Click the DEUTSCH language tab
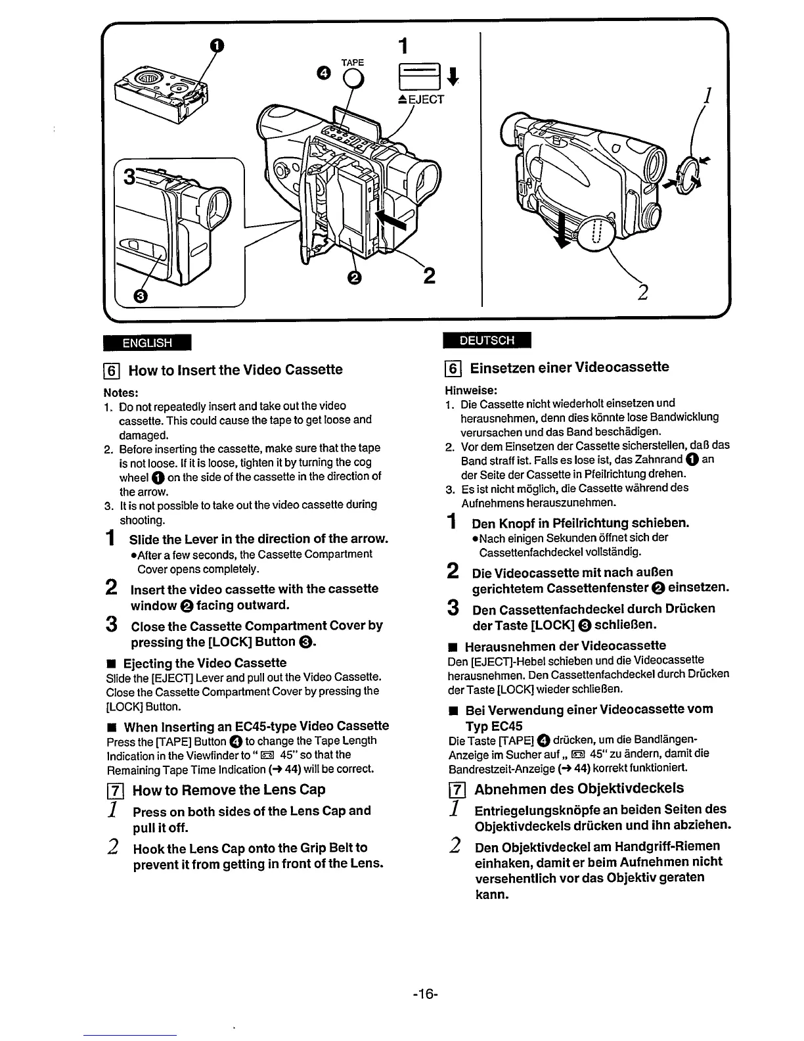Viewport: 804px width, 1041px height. [x=487, y=340]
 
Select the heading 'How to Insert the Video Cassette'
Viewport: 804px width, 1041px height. [x=235, y=370]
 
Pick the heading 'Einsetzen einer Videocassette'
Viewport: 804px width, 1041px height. [x=569, y=367]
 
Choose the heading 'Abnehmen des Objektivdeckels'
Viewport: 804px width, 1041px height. [x=579, y=789]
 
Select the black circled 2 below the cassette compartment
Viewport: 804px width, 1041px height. [x=355, y=278]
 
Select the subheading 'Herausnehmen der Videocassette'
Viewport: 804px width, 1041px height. [x=565, y=646]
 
